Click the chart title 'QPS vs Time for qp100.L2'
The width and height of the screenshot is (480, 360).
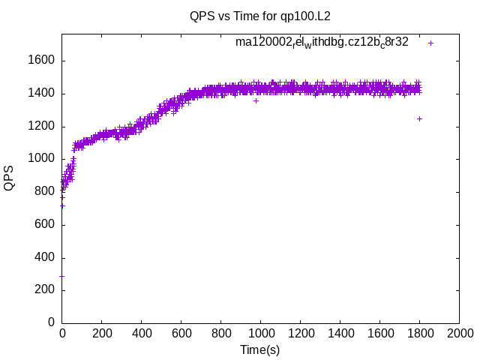[x=260, y=16]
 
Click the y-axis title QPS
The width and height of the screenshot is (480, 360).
[x=9, y=178]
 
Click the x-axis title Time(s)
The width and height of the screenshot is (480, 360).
[x=259, y=349]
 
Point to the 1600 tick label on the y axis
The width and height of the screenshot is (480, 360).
[x=43, y=61]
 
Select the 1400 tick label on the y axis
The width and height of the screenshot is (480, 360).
[x=43, y=94]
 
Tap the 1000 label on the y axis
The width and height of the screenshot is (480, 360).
[x=43, y=159]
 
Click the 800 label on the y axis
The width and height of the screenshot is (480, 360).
[x=46, y=192]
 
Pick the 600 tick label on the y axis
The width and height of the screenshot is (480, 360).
[x=46, y=225]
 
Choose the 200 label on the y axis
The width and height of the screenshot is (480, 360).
[x=46, y=290]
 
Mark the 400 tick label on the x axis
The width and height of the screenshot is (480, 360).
[x=141, y=334]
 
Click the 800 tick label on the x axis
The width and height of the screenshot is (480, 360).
[x=220, y=334]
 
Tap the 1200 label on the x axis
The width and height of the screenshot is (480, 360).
[x=300, y=334]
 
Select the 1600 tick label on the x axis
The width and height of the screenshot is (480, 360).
[x=379, y=334]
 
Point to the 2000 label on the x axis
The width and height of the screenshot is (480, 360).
[x=459, y=334]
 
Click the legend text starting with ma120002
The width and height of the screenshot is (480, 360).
[x=322, y=43]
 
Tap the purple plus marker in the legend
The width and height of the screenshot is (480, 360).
[x=430, y=43]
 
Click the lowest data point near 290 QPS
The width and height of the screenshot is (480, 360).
[x=61, y=276]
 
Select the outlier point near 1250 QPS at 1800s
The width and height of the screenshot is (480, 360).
[x=419, y=118]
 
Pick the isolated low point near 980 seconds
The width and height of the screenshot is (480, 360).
[x=256, y=100]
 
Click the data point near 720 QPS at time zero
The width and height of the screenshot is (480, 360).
[x=62, y=205]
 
